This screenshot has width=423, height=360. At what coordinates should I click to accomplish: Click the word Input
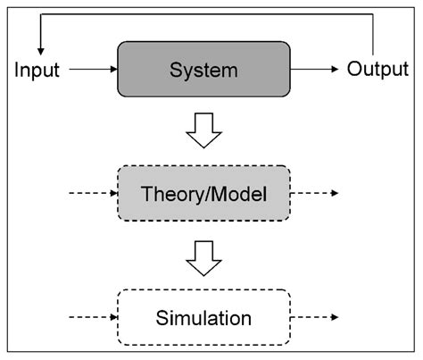point(37,71)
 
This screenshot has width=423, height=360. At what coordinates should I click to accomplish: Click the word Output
point(377,70)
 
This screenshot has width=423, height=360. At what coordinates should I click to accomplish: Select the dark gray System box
point(203,69)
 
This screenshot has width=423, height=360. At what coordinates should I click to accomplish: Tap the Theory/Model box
point(203,193)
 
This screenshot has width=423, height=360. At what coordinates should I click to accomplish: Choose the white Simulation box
point(203,317)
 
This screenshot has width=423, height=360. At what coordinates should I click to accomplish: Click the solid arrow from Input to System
point(94,69)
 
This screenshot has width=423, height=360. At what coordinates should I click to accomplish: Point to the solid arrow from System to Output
point(314,69)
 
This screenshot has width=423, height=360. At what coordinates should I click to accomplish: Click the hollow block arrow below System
point(203,130)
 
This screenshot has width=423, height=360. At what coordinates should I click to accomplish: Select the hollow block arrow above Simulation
point(203,258)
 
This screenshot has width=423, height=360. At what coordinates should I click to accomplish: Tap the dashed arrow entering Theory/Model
point(94,193)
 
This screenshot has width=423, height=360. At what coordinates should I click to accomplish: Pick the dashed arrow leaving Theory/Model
point(314,193)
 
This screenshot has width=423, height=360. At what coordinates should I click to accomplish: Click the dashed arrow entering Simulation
point(94,317)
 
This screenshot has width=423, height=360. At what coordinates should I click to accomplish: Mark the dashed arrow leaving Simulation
point(314,317)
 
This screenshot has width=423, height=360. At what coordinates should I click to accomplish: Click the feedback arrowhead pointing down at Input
point(41,52)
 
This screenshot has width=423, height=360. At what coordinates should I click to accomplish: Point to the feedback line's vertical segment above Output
point(373,35)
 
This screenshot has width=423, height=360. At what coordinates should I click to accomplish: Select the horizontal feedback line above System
point(207,14)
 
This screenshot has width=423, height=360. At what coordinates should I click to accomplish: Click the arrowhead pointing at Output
point(335,69)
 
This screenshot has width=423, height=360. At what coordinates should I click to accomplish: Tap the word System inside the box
point(203,71)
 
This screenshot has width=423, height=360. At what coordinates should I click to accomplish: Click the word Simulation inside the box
point(203,318)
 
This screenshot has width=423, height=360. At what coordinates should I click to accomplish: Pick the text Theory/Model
point(203,194)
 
